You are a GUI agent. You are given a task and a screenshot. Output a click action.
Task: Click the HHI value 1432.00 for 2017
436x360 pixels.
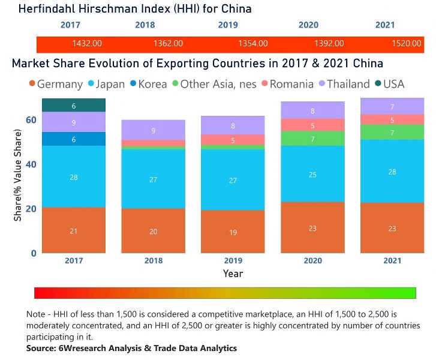pyautogui.click(x=87, y=44)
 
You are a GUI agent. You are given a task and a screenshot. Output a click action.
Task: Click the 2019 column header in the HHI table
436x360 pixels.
pyautogui.click(x=227, y=25)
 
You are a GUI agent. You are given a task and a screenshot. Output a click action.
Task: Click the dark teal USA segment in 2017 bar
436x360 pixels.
pyautogui.click(x=74, y=106)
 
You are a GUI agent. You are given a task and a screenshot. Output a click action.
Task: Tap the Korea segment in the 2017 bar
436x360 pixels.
pyautogui.click(x=74, y=139)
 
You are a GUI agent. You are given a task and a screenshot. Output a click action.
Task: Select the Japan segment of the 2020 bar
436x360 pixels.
pyautogui.click(x=312, y=174)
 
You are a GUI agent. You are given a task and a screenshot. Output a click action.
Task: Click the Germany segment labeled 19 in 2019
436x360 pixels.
pyautogui.click(x=233, y=231)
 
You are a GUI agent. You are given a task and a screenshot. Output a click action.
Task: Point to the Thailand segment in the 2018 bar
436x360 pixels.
pyautogui.click(x=153, y=130)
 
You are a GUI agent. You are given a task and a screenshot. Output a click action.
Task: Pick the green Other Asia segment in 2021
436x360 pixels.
pyautogui.click(x=392, y=132)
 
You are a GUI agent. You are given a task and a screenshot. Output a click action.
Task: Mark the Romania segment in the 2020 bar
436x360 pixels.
pyautogui.click(x=312, y=125)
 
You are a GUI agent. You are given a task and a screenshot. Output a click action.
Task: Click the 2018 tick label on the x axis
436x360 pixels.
pyautogui.click(x=153, y=261)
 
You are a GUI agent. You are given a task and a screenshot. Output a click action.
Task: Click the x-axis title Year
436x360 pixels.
pyautogui.click(x=233, y=274)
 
